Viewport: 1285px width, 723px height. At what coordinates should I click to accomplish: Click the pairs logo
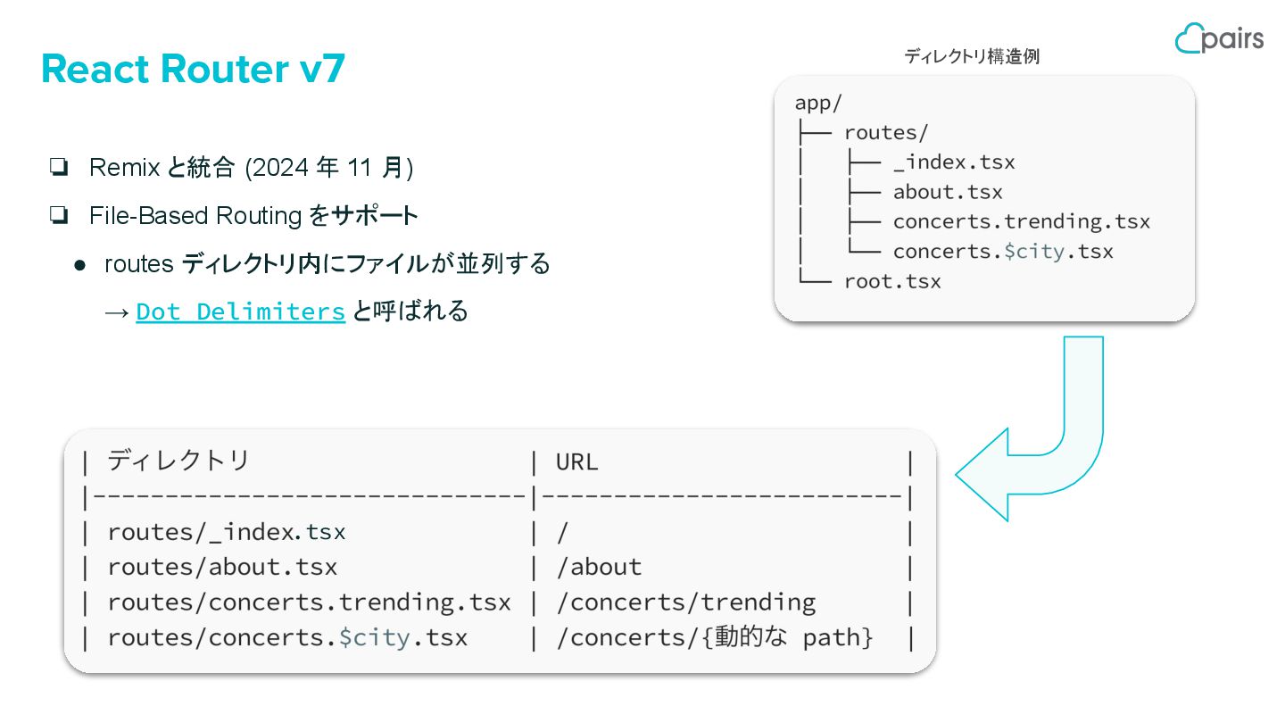click(x=1219, y=38)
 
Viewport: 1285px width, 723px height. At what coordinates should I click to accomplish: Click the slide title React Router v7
click(x=193, y=70)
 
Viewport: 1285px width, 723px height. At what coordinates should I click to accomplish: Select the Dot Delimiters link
click(x=240, y=312)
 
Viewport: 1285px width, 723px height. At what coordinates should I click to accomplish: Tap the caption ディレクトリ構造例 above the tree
click(x=971, y=56)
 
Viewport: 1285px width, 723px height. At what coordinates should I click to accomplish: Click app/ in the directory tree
click(x=817, y=103)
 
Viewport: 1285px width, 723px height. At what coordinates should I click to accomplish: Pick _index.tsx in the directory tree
click(x=953, y=162)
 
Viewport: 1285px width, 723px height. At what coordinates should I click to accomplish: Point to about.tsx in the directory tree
click(x=947, y=192)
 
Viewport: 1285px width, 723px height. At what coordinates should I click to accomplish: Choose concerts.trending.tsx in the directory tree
click(x=1021, y=221)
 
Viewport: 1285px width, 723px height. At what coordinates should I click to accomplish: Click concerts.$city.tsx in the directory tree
click(x=1002, y=251)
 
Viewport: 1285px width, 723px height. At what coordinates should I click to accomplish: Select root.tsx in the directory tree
click(x=891, y=281)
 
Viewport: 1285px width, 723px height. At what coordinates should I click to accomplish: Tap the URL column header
click(x=576, y=461)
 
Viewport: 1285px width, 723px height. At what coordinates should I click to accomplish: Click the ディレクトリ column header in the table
click(x=178, y=461)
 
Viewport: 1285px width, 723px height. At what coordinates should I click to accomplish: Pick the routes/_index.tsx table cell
click(x=226, y=532)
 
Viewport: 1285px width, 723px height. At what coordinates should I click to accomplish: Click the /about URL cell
click(x=598, y=567)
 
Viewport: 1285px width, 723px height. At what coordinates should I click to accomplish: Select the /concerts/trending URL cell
click(x=685, y=602)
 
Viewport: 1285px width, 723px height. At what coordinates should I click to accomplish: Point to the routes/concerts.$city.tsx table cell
click(x=286, y=638)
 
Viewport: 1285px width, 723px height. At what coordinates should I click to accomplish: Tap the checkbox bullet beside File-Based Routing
click(x=60, y=215)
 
